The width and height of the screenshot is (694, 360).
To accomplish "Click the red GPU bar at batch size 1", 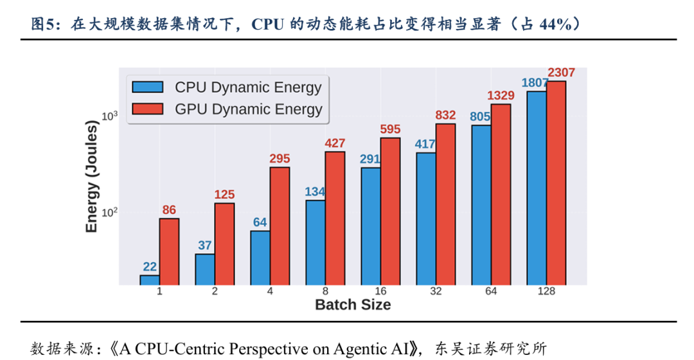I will tap(169, 251).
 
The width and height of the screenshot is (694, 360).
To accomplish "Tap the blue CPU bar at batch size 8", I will tap(315, 242).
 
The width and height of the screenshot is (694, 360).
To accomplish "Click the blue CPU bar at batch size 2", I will tap(204, 269).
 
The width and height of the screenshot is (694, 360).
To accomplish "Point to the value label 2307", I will tap(560, 72).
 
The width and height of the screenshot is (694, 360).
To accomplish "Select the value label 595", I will tap(390, 129).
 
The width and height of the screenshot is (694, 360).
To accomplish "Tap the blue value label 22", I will tap(150, 267).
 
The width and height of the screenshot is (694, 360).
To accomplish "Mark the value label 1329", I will tap(501, 96).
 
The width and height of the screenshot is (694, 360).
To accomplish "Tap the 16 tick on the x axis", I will tap(380, 291).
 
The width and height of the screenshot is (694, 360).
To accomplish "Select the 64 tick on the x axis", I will tap(491, 291).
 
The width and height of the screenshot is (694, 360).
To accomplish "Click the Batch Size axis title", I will tap(353, 305).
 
